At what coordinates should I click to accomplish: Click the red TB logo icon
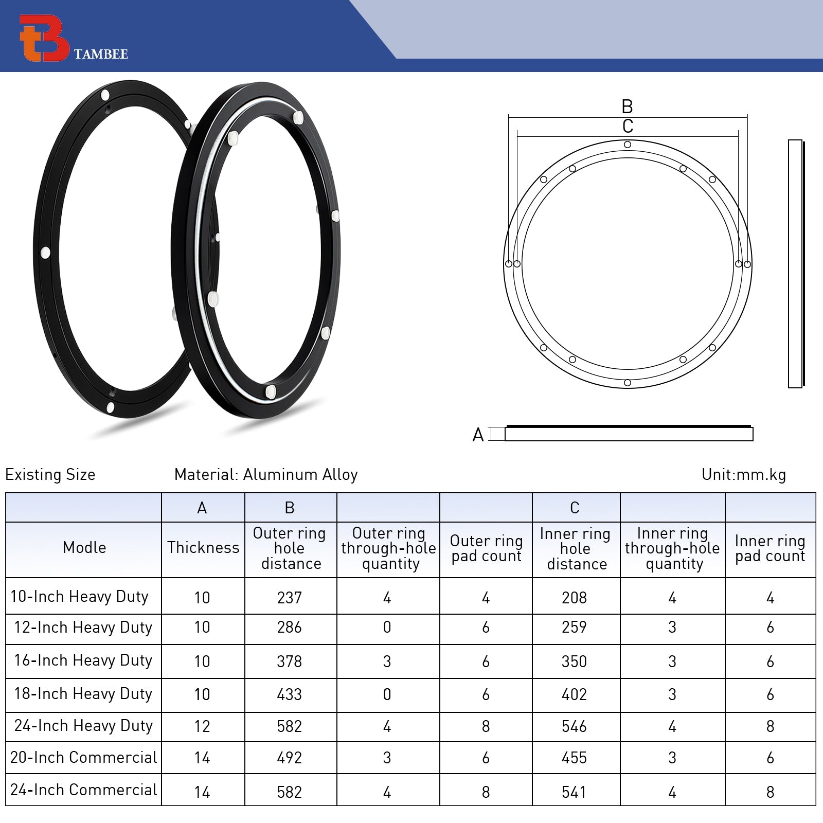[x=43, y=38]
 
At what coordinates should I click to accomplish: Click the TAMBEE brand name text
[x=101, y=54]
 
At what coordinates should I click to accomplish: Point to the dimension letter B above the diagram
[x=627, y=106]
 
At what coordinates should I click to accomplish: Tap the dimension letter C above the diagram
[x=627, y=126]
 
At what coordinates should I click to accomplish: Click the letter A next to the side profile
[x=478, y=435]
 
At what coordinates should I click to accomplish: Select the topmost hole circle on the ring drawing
[x=627, y=145]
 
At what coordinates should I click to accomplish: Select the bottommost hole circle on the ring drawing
[x=627, y=383]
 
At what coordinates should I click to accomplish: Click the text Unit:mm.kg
[x=743, y=474]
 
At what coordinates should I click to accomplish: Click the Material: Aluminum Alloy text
[x=266, y=474]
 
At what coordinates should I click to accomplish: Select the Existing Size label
[x=50, y=474]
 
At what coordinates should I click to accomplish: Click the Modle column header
[x=84, y=547]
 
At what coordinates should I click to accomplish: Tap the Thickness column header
[x=203, y=547]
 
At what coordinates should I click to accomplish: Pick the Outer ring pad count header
[x=486, y=548]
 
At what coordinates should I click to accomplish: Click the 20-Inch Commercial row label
[x=84, y=757]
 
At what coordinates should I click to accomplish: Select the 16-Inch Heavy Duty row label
[x=83, y=660]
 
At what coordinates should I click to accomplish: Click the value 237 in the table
[x=290, y=598]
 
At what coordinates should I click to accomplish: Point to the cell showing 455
[x=575, y=758]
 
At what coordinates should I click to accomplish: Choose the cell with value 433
[x=290, y=694]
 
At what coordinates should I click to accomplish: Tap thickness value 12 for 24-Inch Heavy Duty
[x=202, y=726]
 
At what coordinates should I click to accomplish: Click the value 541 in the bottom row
[x=575, y=792]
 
